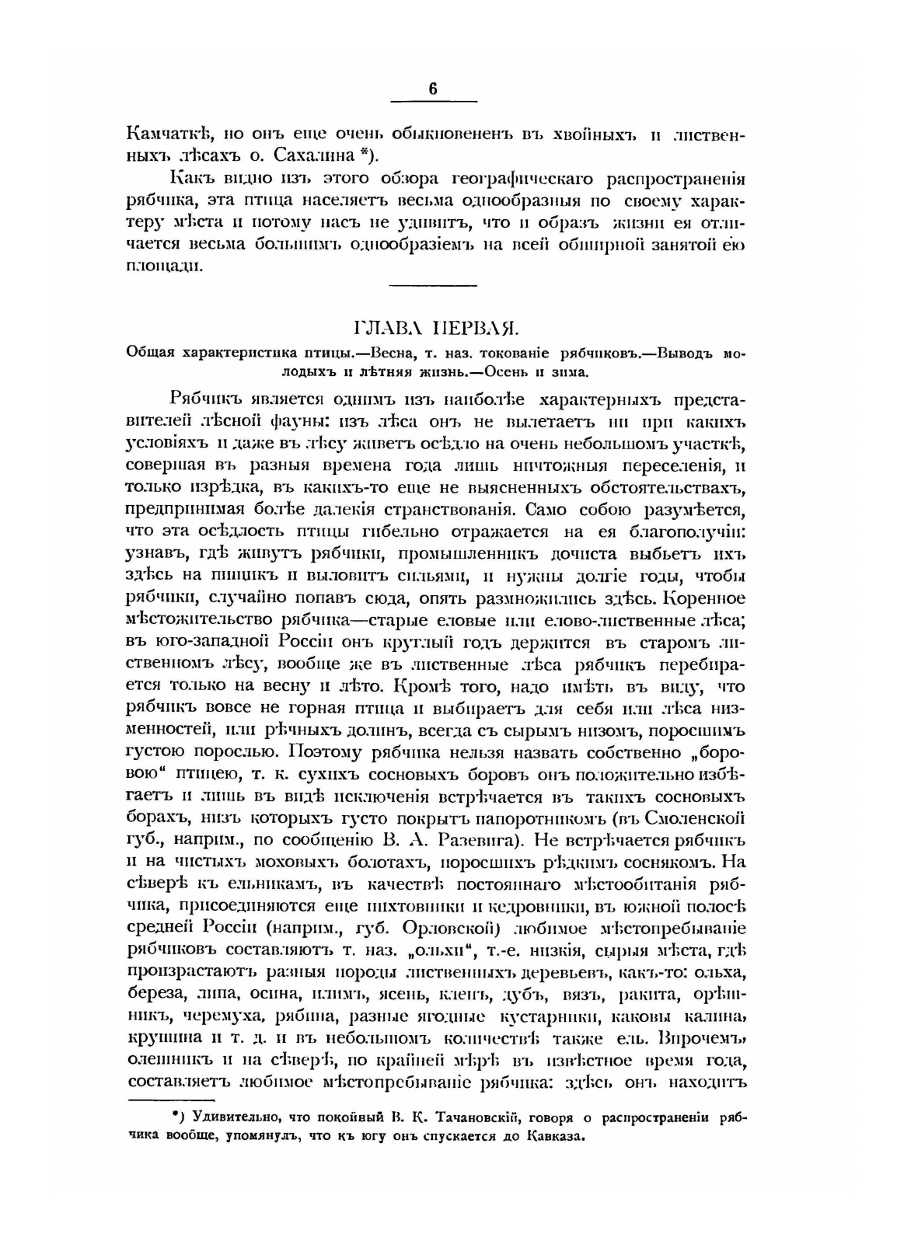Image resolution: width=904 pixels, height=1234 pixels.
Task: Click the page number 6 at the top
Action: point(433,89)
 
